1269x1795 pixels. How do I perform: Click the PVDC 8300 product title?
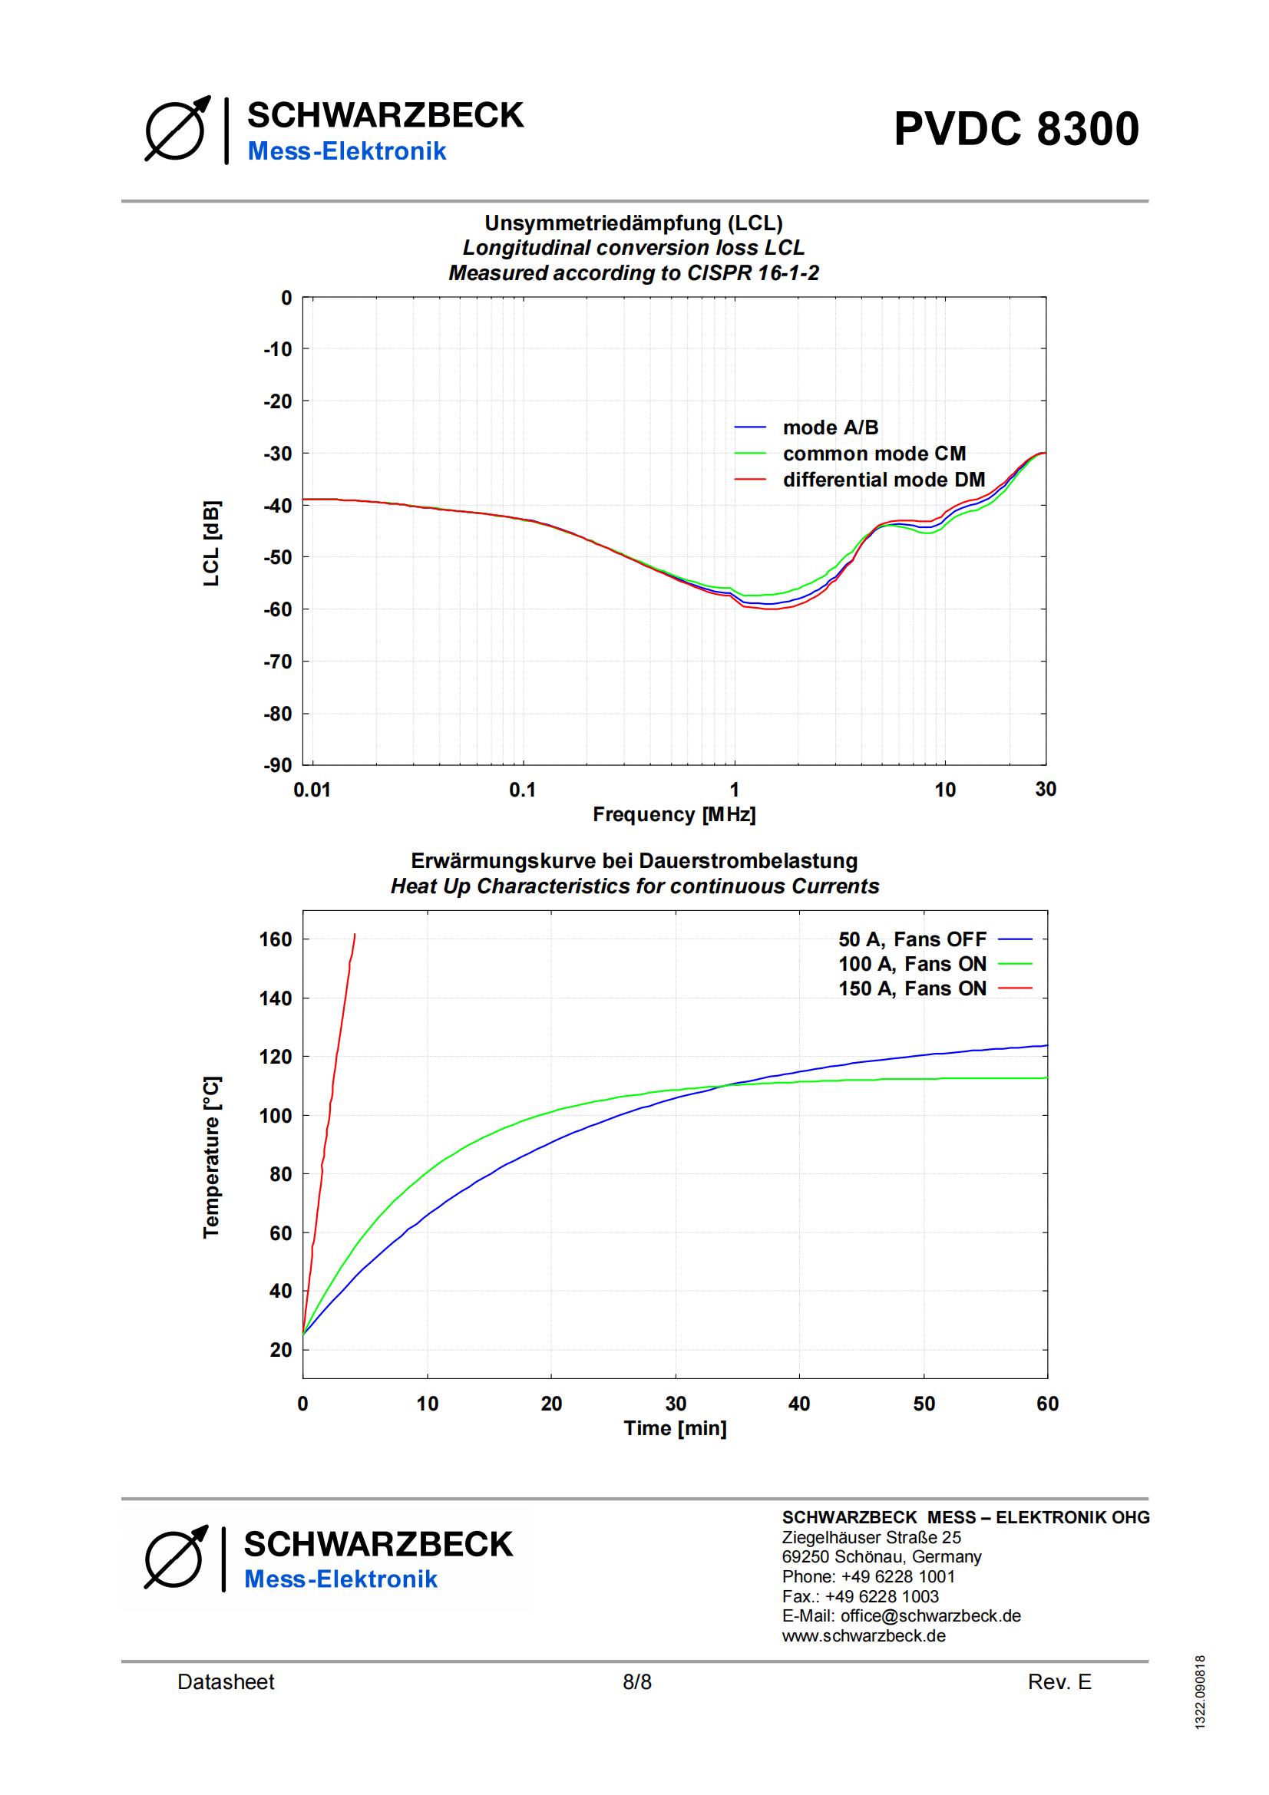[1016, 129]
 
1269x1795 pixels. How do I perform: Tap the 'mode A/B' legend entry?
[831, 427]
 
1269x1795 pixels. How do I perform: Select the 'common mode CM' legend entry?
[874, 454]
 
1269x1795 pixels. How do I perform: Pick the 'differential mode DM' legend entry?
[884, 479]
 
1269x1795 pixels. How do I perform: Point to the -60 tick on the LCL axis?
[278, 609]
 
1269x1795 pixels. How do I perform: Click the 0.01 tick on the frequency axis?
[312, 790]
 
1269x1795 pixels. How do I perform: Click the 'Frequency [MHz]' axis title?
[674, 815]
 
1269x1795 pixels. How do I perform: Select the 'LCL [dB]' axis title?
[212, 543]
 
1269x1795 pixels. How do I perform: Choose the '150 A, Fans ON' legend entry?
[913, 988]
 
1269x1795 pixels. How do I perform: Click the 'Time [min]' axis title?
[675, 1428]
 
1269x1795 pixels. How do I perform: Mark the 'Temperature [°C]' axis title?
[211, 1157]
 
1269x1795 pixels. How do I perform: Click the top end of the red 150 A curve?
[355, 934]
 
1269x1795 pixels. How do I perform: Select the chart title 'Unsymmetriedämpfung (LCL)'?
[633, 223]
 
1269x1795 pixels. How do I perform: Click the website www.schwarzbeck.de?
[864, 1635]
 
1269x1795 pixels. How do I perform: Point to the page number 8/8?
[636, 1682]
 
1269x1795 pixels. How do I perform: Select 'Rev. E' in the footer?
[1059, 1682]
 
